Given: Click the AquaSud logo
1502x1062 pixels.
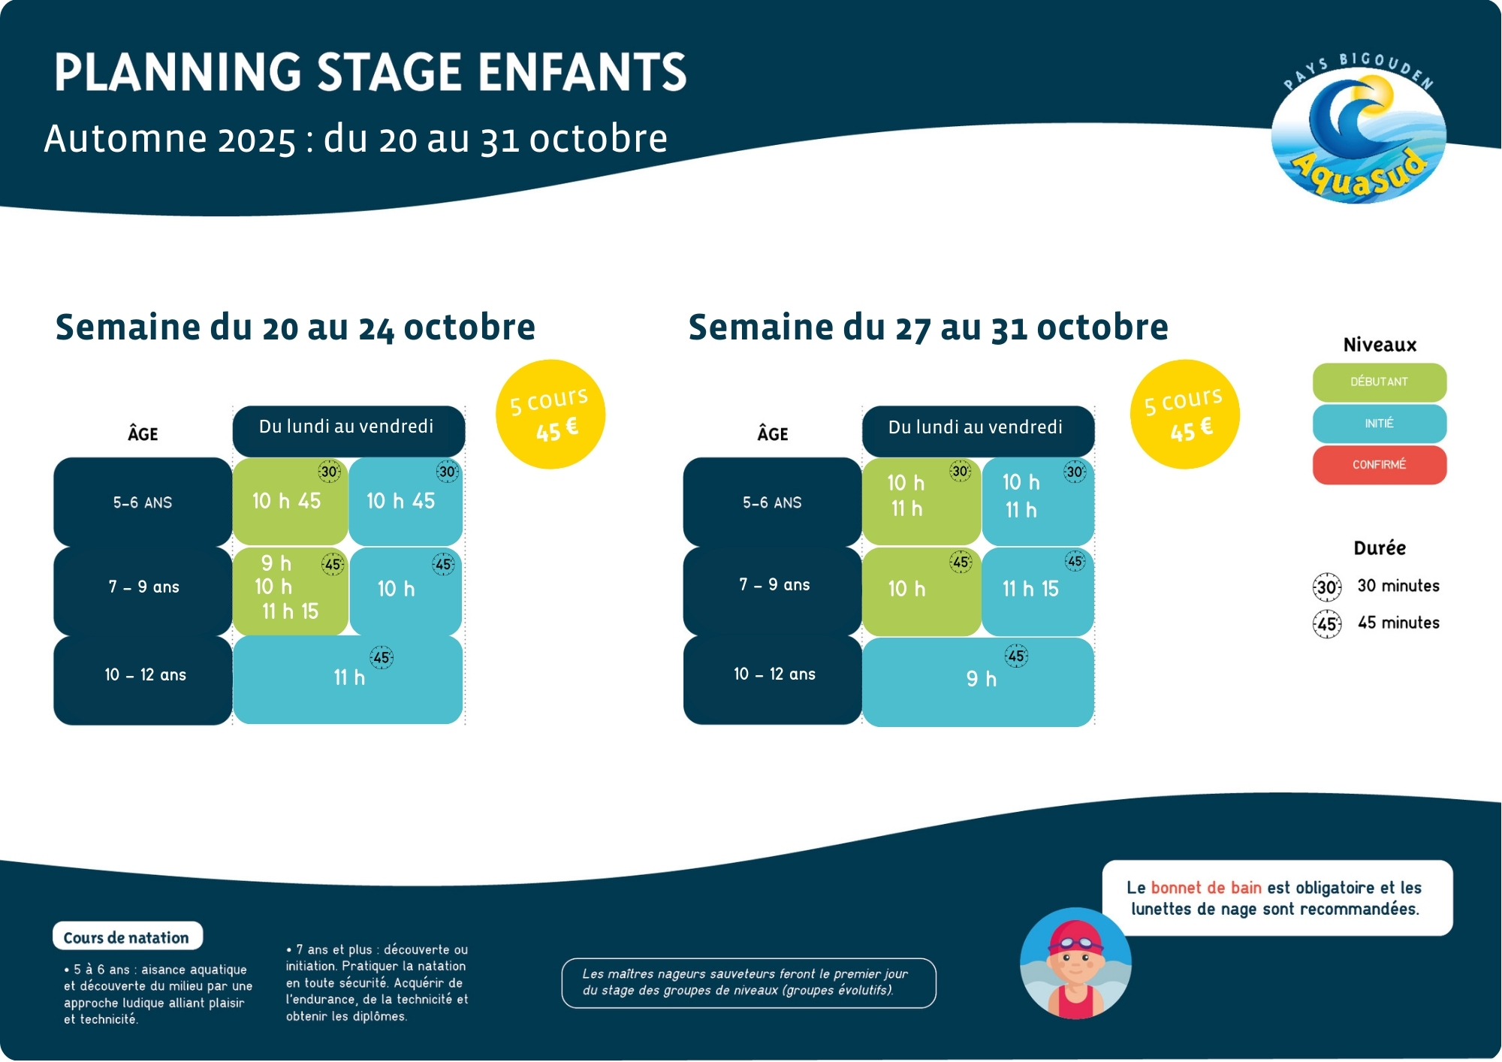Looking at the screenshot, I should click(1358, 131).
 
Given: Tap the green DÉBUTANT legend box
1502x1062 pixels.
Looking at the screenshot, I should click(1379, 382).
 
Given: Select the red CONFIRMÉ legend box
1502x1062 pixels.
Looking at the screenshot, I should click(1379, 465).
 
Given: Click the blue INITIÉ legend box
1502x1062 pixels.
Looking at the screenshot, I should click(1379, 424).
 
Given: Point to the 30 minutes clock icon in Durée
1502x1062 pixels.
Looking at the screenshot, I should click(1327, 587).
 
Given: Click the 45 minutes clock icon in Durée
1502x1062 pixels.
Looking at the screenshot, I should click(1327, 624).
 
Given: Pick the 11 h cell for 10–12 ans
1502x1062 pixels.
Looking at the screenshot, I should click(348, 679).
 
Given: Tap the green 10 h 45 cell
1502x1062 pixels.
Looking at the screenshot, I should click(289, 501).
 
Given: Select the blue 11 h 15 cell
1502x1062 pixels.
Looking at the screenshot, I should click(1037, 590).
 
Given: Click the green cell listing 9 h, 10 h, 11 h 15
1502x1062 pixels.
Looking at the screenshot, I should click(289, 590).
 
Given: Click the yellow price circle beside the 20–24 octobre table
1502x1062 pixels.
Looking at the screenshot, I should click(550, 415).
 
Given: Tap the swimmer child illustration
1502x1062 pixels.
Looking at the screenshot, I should click(1075, 964).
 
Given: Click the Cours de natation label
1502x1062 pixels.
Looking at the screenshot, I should click(127, 937).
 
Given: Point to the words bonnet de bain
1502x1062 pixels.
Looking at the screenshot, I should click(1205, 888).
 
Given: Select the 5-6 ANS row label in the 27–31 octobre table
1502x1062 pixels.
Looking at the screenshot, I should click(772, 502).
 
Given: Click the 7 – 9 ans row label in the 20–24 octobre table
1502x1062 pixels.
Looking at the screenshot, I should click(143, 587).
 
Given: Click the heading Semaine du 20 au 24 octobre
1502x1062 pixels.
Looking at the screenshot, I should click(295, 327).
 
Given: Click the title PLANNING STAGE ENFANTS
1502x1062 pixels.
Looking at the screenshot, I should click(370, 73).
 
